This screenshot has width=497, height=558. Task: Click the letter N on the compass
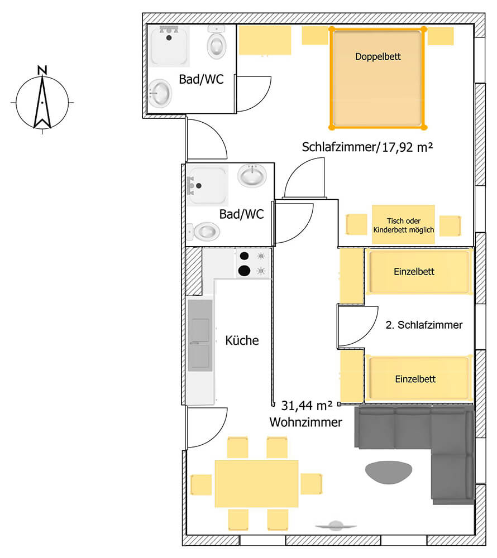coord(42,70)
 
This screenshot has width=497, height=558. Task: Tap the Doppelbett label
coord(377,56)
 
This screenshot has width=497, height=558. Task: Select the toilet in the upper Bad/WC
coord(217,42)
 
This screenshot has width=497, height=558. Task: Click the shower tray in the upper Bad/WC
coord(169,46)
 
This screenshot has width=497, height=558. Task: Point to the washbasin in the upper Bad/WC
coord(160,93)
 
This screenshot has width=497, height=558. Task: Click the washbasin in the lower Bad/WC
coord(252,175)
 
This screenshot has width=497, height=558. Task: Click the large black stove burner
coord(244,271)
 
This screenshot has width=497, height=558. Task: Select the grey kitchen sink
coord(200,335)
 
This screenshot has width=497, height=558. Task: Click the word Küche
coord(242,340)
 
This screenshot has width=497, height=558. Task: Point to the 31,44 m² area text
coord(307,405)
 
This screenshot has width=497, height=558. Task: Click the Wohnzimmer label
coord(306,422)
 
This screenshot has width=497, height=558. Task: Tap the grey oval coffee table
coord(389,472)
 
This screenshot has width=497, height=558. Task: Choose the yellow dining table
coord(256,484)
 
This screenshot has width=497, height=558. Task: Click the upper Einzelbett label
coord(414,272)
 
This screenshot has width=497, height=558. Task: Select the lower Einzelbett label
coord(415,379)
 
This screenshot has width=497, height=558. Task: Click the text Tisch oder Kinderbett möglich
coord(403,225)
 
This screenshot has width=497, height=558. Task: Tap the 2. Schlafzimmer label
coord(424,325)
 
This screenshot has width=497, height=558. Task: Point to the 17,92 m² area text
coord(407,147)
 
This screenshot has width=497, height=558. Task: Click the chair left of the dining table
coord(201,485)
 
